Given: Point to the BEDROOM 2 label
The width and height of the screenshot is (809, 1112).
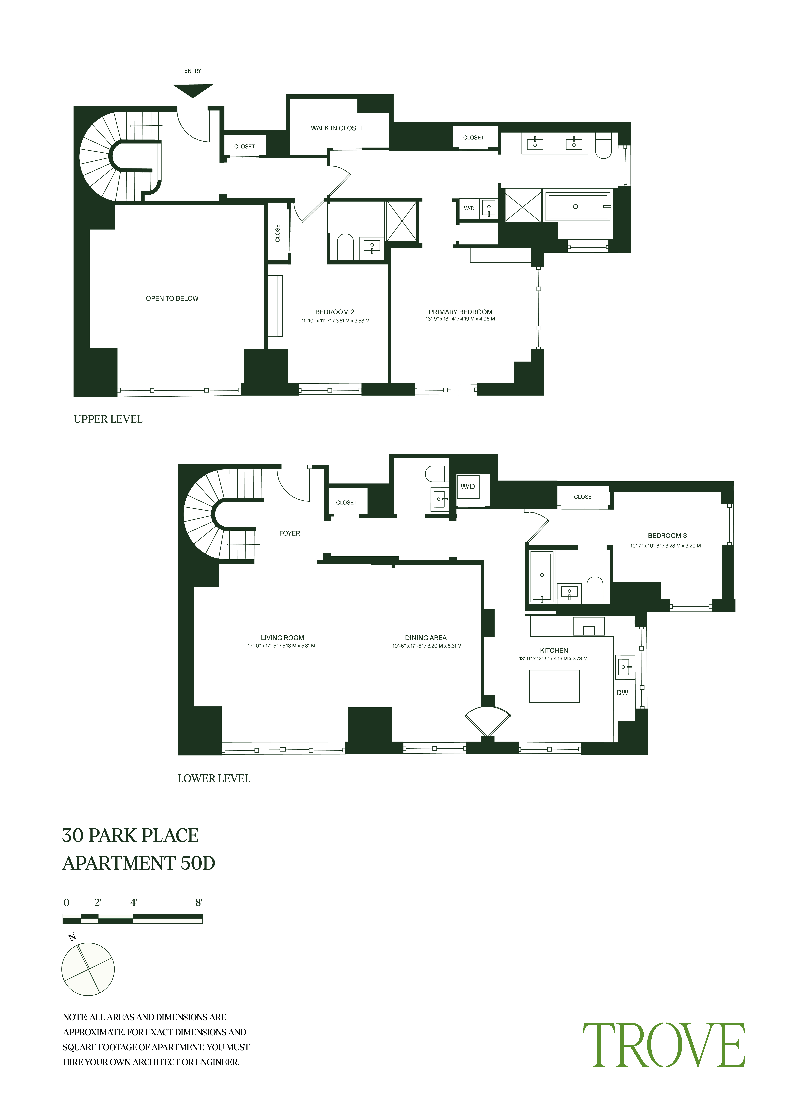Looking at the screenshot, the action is (335, 312).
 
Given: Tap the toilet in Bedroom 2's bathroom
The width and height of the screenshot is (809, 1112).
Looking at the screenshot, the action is (345, 246).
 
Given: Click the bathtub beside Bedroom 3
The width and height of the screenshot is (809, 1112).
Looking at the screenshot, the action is (542, 577).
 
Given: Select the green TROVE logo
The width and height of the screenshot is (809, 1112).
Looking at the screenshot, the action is (664, 1045).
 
